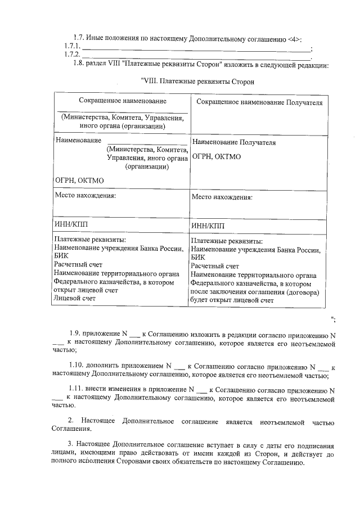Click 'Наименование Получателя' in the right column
233,143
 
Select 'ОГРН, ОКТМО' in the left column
79,181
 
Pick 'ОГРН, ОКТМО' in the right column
216,156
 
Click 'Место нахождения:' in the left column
84,196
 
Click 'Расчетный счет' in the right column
215,265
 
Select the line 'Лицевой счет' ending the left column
74,298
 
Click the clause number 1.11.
78,389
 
